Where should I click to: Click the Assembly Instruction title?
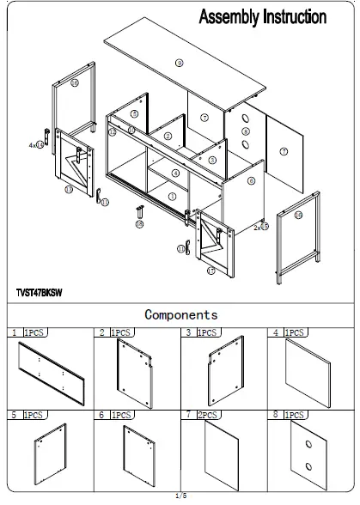pyautogui.click(x=262, y=16)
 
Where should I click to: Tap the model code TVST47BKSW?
pyautogui.click(x=40, y=292)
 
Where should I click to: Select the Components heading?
pyautogui.click(x=180, y=315)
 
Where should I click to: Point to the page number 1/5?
pyautogui.click(x=180, y=496)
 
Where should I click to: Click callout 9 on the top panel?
pyautogui.click(x=179, y=63)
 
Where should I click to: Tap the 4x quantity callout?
pyautogui.click(x=35, y=146)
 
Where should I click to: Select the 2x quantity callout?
pyautogui.click(x=260, y=227)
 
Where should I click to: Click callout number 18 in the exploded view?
pyautogui.click(x=139, y=223)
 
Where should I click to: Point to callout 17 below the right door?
pyautogui.click(x=211, y=271)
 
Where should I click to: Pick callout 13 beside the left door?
pyautogui.click(x=69, y=190)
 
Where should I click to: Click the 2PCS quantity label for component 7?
pyautogui.click(x=206, y=415)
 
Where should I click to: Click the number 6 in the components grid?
pyautogui.click(x=101, y=415)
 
